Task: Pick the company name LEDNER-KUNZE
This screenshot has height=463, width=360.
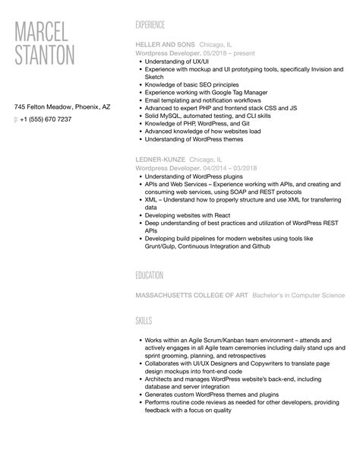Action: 160,160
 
